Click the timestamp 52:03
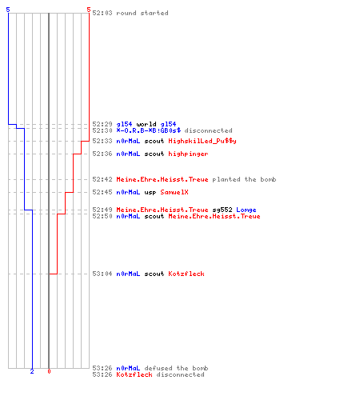(x=102, y=13)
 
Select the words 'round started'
(x=142, y=13)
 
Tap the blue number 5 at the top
(x=8, y=10)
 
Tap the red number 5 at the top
(x=89, y=10)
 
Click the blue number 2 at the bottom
(x=32, y=371)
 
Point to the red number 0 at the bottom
(x=49, y=371)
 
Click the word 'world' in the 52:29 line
(x=146, y=124)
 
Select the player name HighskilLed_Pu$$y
(x=202, y=141)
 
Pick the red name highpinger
(x=188, y=154)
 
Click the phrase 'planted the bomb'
(x=244, y=179)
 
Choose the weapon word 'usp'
(x=150, y=192)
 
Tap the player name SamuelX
(x=174, y=192)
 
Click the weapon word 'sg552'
(x=222, y=210)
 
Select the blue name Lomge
(x=246, y=210)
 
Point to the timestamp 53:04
(x=102, y=274)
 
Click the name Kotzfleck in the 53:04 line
(x=186, y=274)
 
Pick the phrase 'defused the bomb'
(x=176, y=368)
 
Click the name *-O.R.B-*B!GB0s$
(x=149, y=130)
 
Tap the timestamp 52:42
(x=102, y=179)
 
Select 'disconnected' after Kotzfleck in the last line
(x=181, y=374)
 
